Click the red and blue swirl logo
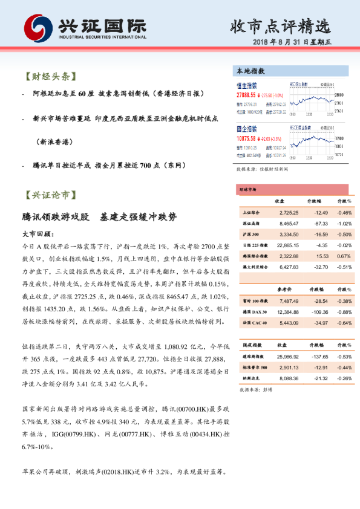click(37, 27)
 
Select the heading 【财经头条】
click(50, 77)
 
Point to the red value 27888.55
click(247, 96)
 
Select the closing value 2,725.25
click(286, 212)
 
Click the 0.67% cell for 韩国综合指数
click(344, 255)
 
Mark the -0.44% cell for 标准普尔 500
click(344, 368)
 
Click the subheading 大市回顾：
click(38, 233)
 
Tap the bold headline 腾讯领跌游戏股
click(55, 216)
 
